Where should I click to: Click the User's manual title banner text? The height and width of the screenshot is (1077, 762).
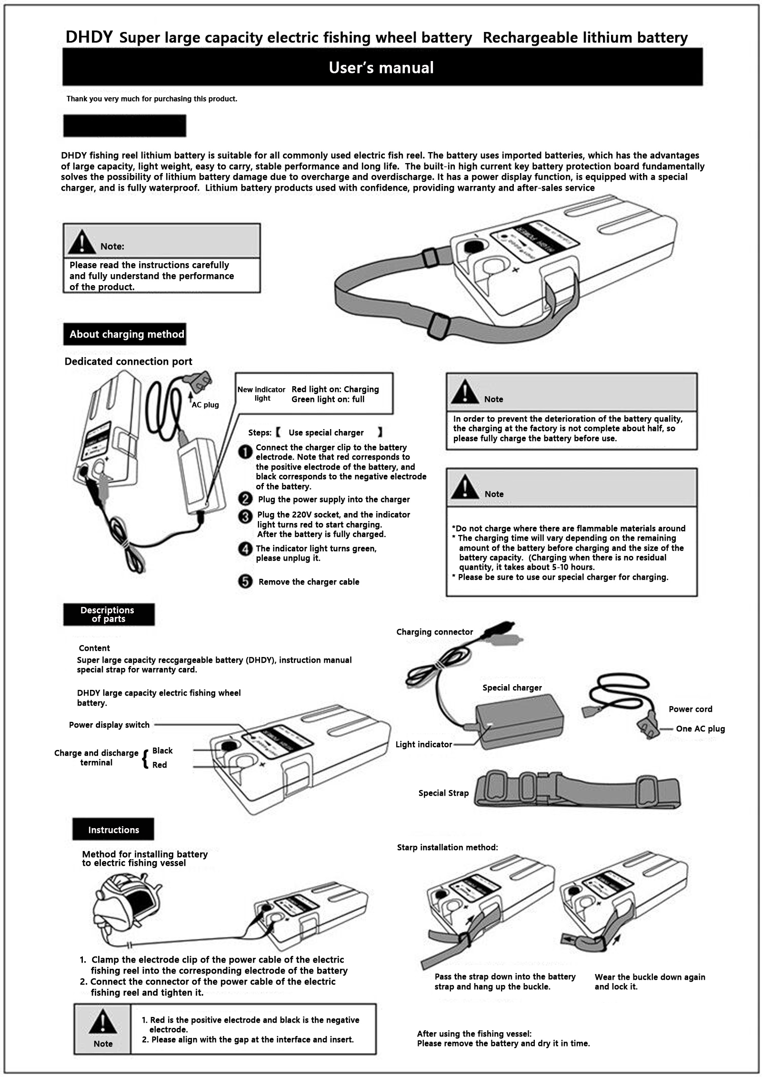381,68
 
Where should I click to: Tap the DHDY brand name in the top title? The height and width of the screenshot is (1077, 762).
89,37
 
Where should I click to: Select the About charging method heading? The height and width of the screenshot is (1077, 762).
126,334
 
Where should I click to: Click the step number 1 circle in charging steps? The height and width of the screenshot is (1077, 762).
245,451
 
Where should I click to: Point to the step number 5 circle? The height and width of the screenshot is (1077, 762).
245,582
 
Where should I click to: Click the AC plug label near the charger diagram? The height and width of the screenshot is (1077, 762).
205,405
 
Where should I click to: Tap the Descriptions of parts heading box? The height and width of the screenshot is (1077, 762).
109,615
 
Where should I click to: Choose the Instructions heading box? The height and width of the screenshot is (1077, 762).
113,830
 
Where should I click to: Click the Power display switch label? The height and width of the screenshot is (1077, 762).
109,725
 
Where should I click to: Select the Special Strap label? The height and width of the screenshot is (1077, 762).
443,793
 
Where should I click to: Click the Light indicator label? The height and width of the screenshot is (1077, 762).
423,745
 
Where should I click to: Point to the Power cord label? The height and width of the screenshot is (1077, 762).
690,709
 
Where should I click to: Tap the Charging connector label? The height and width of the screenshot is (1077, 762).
434,632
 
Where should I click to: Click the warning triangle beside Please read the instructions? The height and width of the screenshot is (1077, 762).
81,242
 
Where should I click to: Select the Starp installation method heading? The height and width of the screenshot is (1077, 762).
447,847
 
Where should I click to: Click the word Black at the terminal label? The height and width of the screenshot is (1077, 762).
162,751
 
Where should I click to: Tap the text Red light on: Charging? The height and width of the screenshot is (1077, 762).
335,390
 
